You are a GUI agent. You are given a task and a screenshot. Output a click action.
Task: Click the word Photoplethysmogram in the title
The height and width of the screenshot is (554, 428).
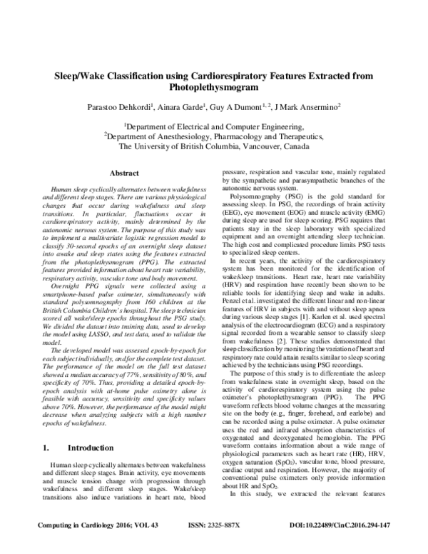tap(214, 87)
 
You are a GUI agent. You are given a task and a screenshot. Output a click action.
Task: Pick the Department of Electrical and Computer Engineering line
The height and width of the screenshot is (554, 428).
tap(214, 124)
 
